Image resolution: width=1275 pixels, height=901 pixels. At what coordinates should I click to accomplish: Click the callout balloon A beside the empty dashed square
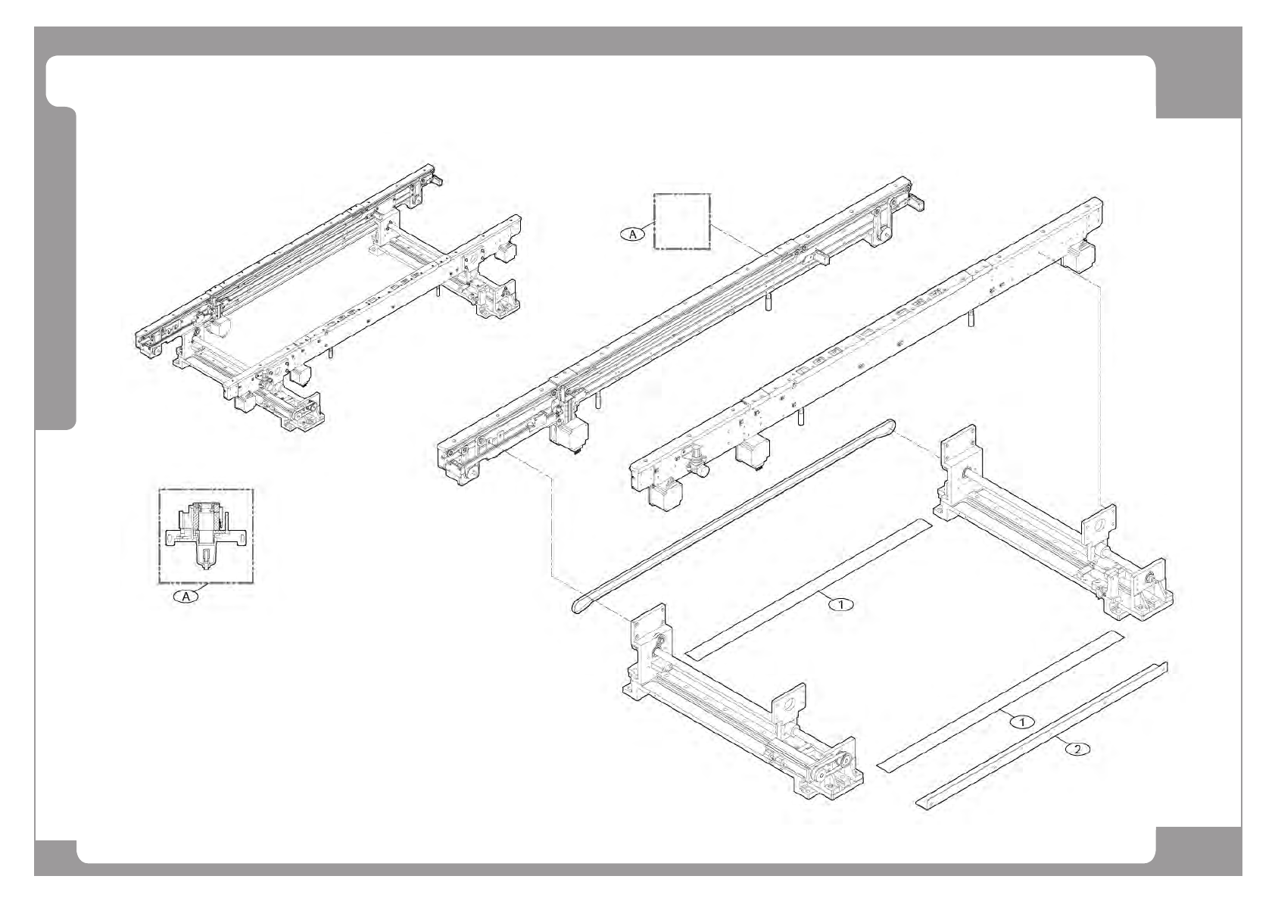(x=634, y=234)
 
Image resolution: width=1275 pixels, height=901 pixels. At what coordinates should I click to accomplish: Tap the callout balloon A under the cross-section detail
(x=186, y=596)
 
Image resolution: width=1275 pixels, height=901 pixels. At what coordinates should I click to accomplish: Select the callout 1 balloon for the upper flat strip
(x=840, y=603)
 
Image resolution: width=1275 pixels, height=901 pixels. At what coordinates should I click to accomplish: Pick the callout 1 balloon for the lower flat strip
(x=1022, y=722)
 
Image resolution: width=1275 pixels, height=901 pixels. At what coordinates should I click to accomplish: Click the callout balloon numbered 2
(x=1077, y=749)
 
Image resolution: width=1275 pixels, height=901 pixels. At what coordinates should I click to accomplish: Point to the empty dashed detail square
(x=682, y=221)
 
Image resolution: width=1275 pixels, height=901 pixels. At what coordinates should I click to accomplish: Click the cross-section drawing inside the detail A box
(x=206, y=535)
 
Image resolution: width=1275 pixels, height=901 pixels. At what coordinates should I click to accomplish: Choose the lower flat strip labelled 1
(x=999, y=700)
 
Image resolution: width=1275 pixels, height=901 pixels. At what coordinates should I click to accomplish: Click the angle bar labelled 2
(x=1042, y=734)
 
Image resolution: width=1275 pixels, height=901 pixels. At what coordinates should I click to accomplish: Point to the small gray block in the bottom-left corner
(x=55, y=856)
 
